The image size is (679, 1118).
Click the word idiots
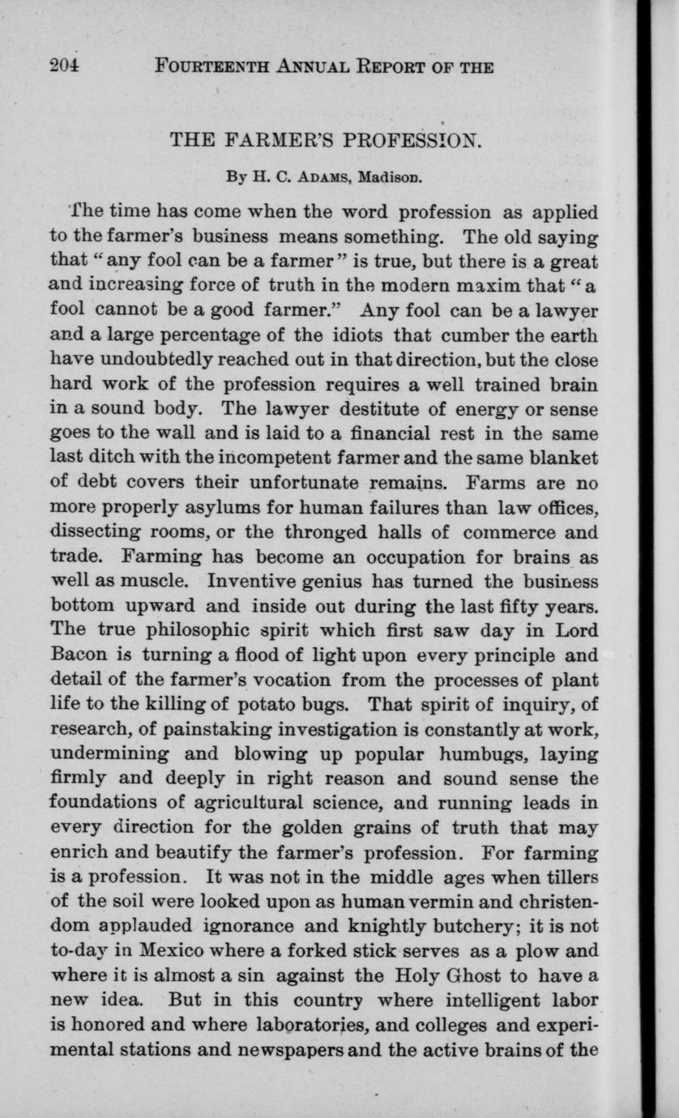click(x=354, y=335)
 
